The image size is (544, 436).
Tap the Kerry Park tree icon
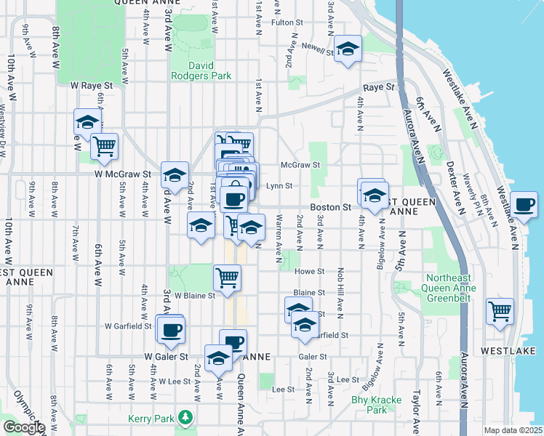186,418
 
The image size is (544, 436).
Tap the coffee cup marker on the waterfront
524,204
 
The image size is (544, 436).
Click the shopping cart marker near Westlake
500,311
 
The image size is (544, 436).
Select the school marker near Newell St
348,49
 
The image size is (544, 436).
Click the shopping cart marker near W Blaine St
227,277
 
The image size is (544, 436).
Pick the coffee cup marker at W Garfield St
172,330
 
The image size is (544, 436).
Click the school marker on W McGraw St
175,174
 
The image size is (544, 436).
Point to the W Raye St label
92,85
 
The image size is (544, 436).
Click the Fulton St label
281,23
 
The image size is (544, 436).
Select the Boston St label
331,207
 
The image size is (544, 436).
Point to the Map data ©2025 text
512,430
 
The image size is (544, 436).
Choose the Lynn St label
279,186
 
